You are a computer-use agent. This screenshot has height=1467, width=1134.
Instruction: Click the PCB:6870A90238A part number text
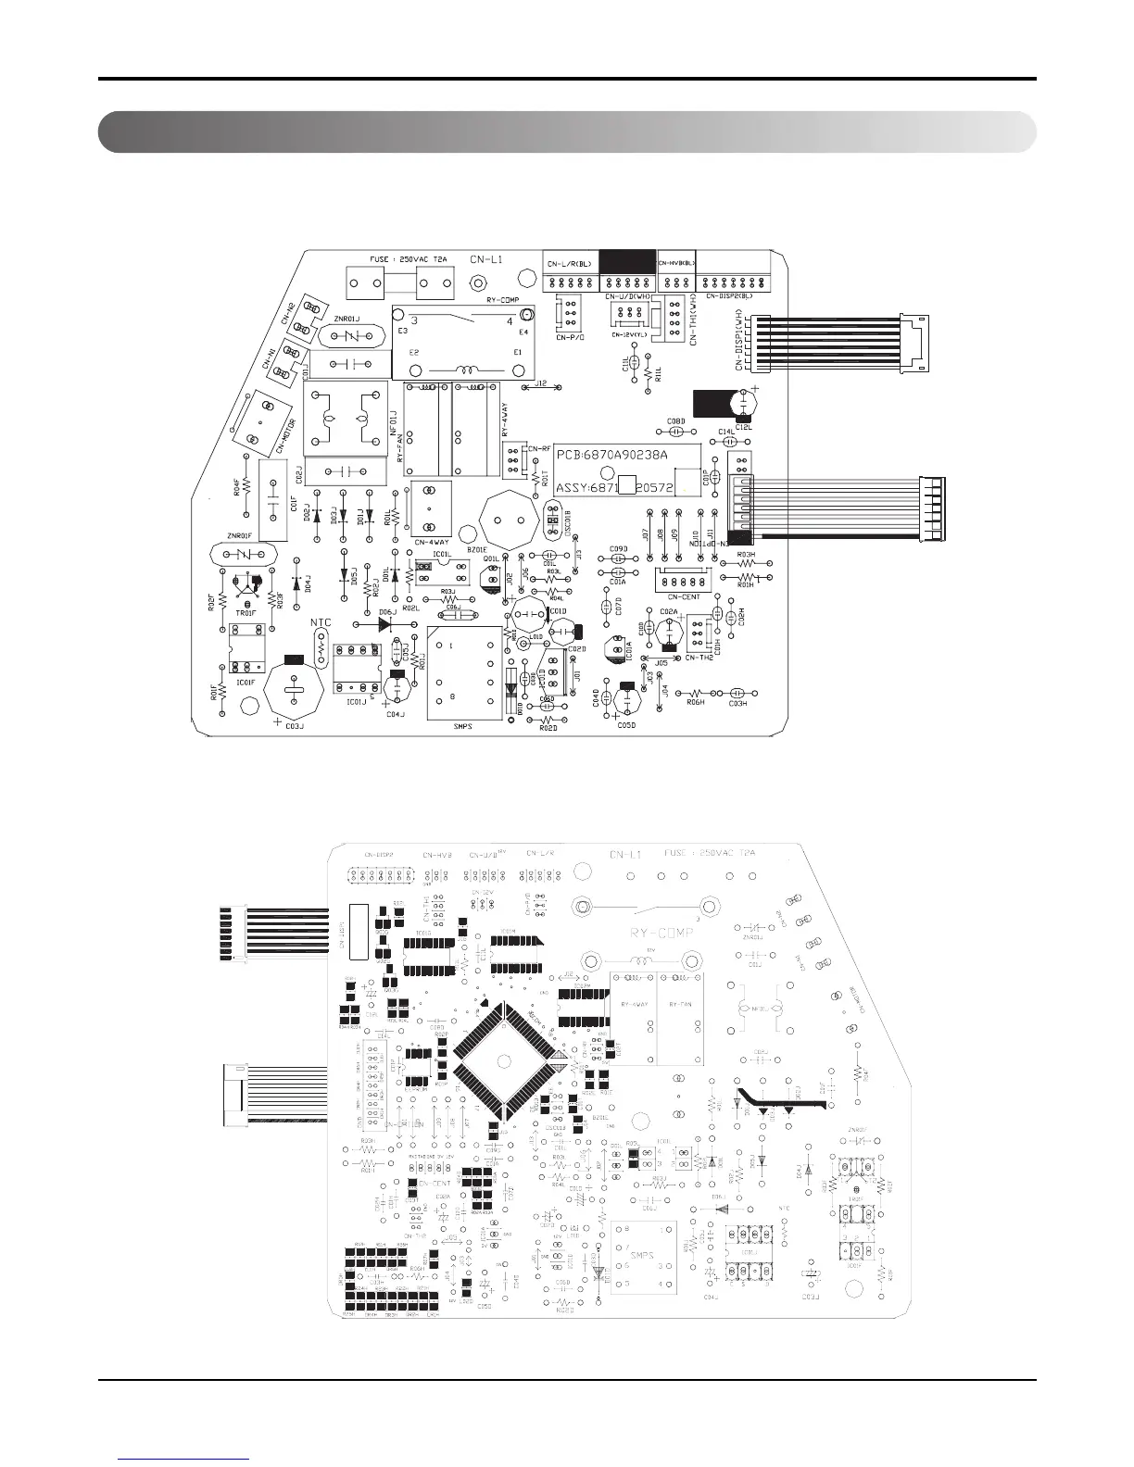(612, 456)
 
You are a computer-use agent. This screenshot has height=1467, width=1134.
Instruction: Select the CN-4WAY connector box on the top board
(430, 509)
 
